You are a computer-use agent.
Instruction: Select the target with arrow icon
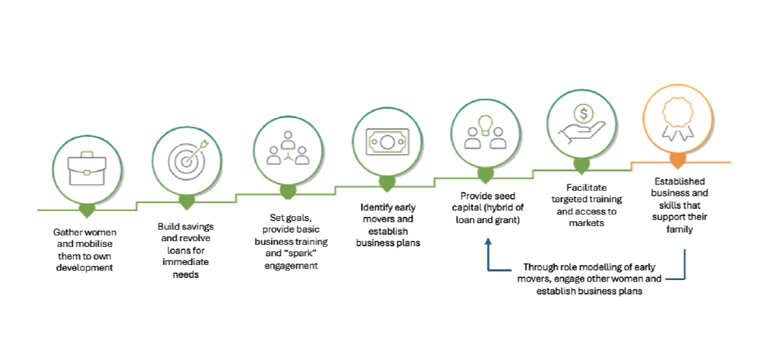pyautogui.click(x=186, y=158)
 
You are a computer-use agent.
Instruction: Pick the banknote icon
pyautogui.click(x=387, y=140)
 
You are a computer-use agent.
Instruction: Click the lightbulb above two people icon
pyautogui.click(x=485, y=131)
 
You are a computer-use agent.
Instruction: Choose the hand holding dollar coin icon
pyautogui.click(x=582, y=121)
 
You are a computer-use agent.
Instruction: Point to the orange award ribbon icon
pyautogui.click(x=678, y=117)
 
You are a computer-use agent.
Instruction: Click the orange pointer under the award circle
pyautogui.click(x=678, y=160)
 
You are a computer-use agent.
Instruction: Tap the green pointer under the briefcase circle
pyautogui.click(x=87, y=210)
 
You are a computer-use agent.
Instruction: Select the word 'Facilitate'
pyautogui.click(x=583, y=187)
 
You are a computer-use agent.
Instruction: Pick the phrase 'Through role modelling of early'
pyautogui.click(x=588, y=266)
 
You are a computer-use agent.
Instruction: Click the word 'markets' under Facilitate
pyautogui.click(x=583, y=223)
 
